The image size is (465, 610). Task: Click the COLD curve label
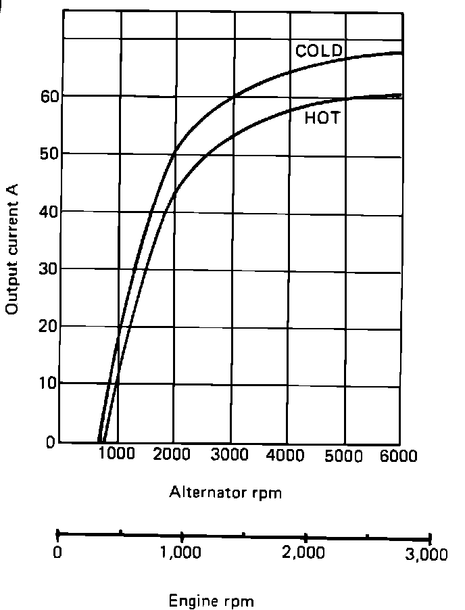319,51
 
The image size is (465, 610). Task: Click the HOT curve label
322,118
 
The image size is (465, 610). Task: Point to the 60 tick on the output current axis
47,97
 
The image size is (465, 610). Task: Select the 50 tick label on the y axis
47,154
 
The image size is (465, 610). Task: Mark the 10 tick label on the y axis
47,384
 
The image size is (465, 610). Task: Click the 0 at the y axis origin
51,442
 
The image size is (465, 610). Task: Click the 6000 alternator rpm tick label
398,455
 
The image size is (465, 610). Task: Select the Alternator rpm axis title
225,492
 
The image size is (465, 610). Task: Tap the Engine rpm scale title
211,600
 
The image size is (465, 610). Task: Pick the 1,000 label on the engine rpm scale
181,553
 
